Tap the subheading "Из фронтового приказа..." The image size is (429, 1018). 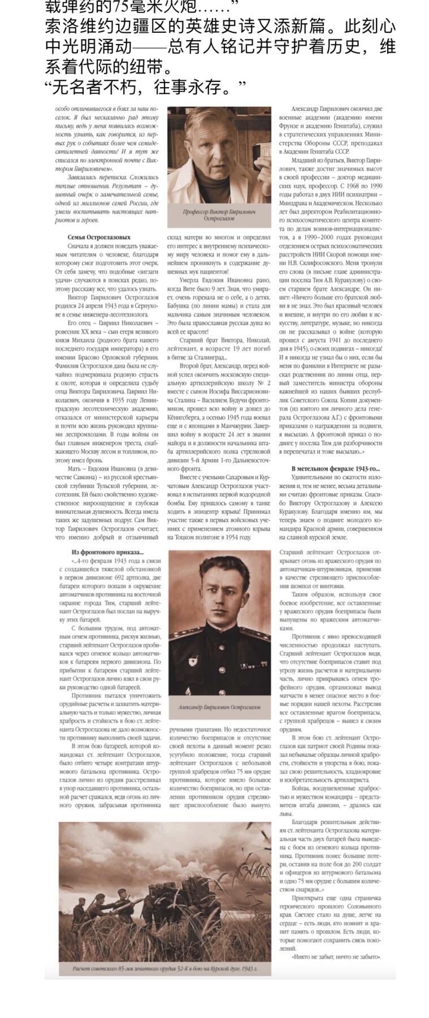pos(107,552)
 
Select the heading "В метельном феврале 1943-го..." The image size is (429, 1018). pos(335,469)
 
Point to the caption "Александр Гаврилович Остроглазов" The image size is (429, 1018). pos(219,707)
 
